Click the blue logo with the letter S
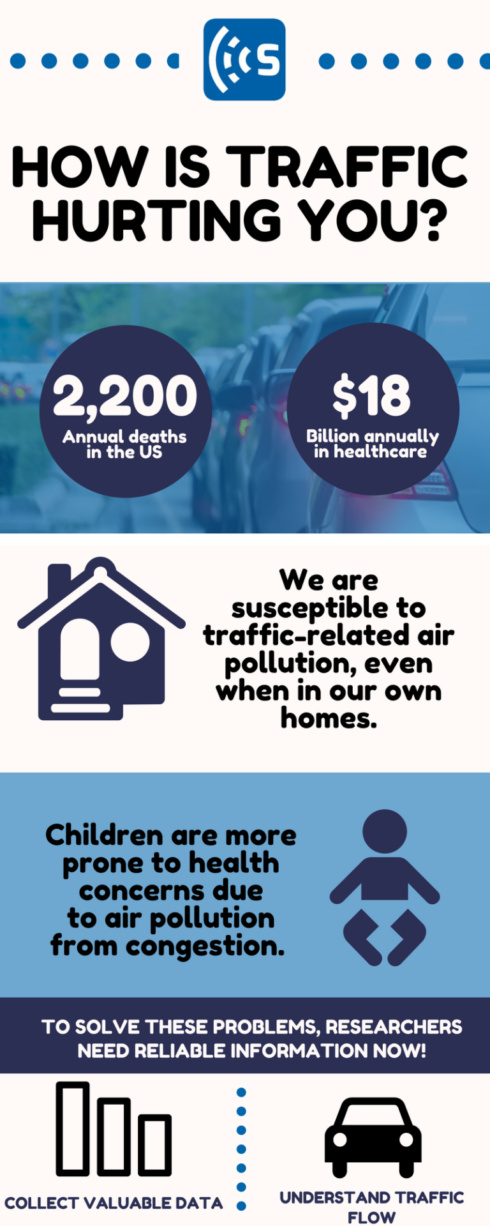tap(244, 59)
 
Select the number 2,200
tap(125, 397)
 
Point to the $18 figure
tap(371, 395)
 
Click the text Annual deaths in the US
tap(124, 444)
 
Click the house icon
tap(101, 639)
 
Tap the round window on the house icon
tap(130, 642)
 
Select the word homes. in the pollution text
tap(329, 718)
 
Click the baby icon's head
tap(385, 831)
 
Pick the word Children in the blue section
tap(95, 835)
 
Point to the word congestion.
tap(205, 946)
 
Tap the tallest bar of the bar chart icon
tap(73, 1129)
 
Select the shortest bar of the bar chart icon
tap(156, 1145)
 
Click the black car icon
tap(373, 1137)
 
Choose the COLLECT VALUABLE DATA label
tap(114, 1204)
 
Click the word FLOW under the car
tap(371, 1217)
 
